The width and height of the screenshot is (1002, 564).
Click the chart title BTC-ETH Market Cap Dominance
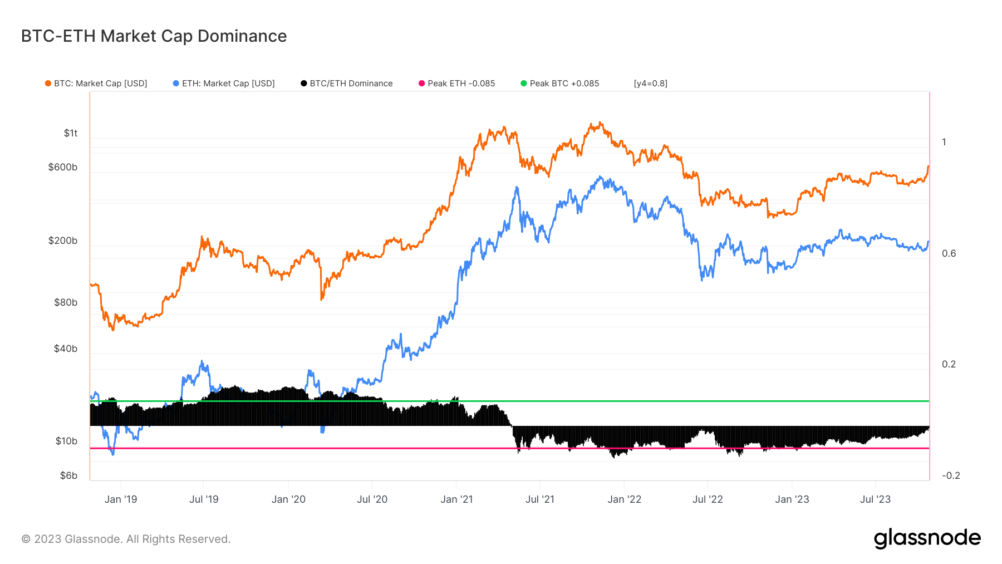(x=154, y=36)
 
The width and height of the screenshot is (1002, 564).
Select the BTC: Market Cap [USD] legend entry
(x=96, y=84)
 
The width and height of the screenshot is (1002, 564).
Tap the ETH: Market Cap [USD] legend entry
(x=224, y=84)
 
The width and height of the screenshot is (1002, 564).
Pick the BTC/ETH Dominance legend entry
(x=347, y=84)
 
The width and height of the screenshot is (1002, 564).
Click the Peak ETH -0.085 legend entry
(x=457, y=84)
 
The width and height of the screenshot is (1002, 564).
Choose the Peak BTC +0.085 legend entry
(x=560, y=84)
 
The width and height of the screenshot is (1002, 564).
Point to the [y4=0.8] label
(x=651, y=84)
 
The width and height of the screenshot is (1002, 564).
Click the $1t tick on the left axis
(x=71, y=133)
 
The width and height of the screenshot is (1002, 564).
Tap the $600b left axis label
(x=63, y=167)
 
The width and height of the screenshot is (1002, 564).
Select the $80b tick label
(x=66, y=302)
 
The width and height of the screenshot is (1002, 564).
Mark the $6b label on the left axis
(x=68, y=475)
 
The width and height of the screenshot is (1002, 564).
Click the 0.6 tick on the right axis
(x=949, y=253)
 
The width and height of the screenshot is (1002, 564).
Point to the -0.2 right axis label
(x=951, y=475)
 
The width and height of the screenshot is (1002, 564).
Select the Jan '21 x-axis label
(x=456, y=499)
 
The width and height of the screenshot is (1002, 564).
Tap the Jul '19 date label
(x=204, y=499)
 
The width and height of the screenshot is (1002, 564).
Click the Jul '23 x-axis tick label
(x=875, y=499)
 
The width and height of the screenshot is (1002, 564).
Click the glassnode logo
(x=927, y=538)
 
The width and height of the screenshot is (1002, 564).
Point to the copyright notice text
(x=126, y=539)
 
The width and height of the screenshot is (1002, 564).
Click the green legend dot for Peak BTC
(x=523, y=84)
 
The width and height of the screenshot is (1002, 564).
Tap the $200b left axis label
(x=63, y=241)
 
